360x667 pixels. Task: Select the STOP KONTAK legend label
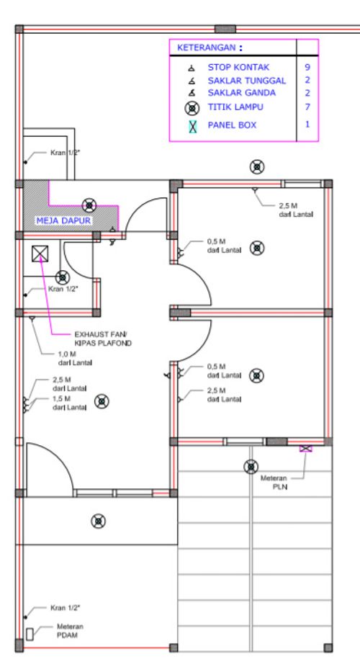238,67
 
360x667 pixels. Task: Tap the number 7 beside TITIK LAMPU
307,107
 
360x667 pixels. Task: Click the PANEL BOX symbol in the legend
192,126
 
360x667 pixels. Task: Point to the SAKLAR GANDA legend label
241,93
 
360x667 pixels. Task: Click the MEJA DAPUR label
63,221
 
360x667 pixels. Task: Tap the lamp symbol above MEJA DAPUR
89,205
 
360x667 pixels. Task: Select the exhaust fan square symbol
40,254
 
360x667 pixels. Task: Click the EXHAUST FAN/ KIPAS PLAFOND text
103,339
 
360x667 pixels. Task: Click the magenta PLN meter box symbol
305,448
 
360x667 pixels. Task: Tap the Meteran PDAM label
70,631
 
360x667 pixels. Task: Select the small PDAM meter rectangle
30,635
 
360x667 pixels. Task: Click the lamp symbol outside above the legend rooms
257,167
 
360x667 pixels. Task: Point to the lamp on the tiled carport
251,467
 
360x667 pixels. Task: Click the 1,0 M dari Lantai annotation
75,358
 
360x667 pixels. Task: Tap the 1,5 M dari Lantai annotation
70,403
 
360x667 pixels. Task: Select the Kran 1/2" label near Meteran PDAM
65,608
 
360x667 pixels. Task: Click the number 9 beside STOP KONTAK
307,67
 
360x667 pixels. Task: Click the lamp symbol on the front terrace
98,521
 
